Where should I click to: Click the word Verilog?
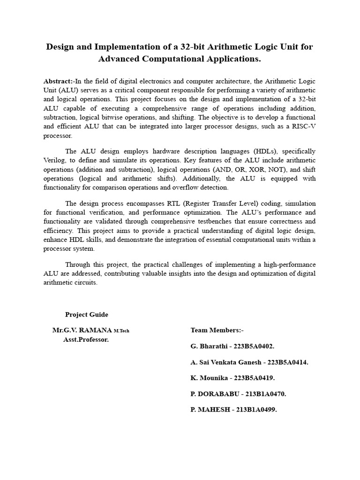56,160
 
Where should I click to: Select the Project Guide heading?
87,315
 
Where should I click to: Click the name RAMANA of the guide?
96,330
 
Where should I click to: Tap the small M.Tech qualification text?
121,331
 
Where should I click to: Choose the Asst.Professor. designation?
86,339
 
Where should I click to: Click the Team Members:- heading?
217,330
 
